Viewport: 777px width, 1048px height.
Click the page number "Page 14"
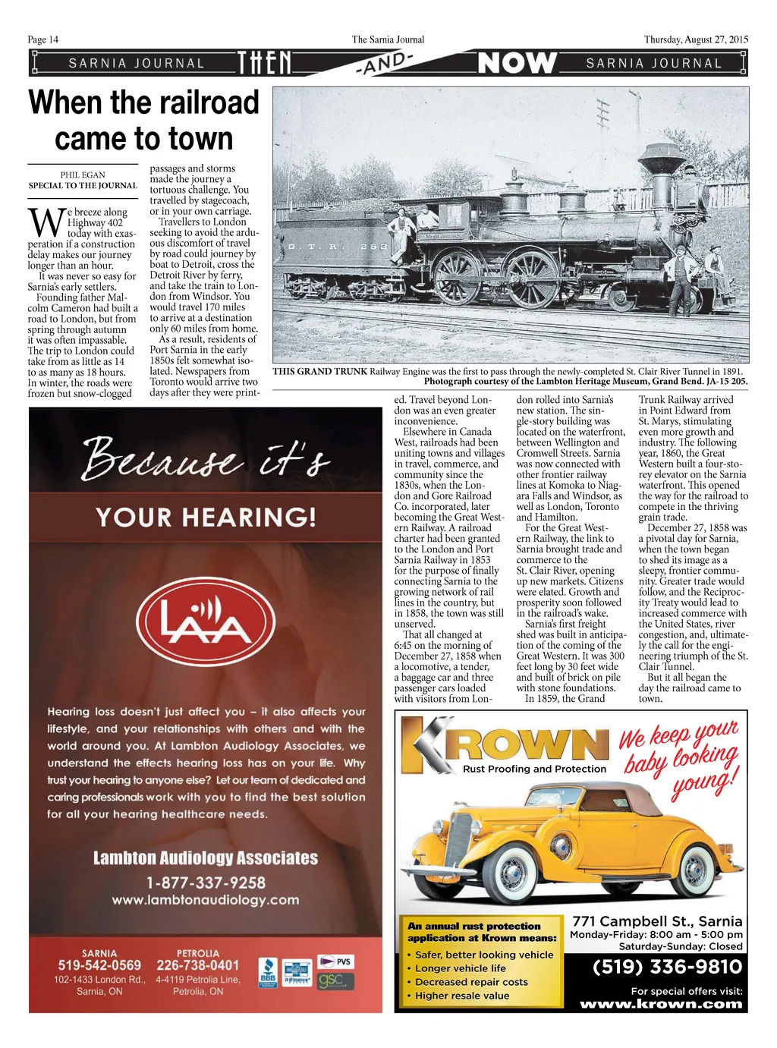[43, 39]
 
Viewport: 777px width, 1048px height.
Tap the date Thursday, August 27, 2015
[696, 39]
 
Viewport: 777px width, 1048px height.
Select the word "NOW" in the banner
[517, 63]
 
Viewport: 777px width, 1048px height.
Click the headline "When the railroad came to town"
[143, 121]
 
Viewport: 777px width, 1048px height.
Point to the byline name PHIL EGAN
[83, 175]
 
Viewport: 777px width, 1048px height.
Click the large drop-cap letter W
[46, 222]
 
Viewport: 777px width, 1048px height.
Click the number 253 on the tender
[373, 247]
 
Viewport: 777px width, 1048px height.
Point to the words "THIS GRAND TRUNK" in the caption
[319, 371]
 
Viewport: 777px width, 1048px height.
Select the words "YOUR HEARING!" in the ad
[206, 518]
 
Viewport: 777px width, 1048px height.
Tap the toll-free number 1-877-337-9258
[206, 883]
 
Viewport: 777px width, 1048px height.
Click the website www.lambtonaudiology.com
[206, 900]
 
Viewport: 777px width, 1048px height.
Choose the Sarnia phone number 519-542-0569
[99, 965]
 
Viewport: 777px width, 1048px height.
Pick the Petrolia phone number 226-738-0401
[197, 965]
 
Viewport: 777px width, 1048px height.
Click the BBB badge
[268, 972]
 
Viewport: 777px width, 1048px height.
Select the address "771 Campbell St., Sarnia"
[657, 921]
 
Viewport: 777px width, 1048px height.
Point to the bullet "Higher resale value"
[462, 996]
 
